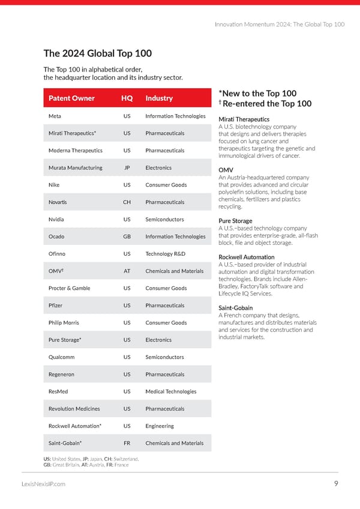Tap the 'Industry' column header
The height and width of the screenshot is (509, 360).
point(159,98)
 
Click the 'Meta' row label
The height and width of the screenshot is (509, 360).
point(55,116)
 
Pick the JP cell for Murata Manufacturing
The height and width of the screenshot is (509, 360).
point(127,168)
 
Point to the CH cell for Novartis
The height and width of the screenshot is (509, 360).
point(127,202)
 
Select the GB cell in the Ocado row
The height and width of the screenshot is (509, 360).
point(127,236)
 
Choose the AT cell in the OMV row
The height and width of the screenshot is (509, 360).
point(127,271)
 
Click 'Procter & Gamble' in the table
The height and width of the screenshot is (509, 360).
point(69,288)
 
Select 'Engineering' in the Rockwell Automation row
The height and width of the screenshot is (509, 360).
point(160,426)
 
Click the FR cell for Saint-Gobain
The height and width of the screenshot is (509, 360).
point(127,444)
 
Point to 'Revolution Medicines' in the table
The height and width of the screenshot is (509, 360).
point(74,409)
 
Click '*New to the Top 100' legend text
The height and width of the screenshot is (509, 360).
point(258,94)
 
